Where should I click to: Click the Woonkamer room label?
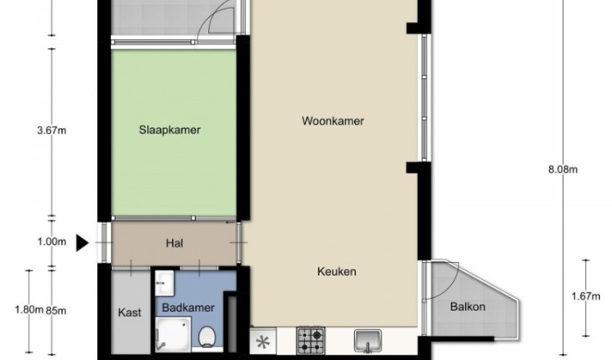tap(333, 121)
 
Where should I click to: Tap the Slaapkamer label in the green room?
tap(170, 130)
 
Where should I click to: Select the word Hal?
tap(175, 243)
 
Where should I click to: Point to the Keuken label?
tap(336, 271)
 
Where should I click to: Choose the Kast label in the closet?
tap(130, 313)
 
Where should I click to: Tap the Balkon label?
tap(468, 307)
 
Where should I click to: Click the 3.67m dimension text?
tap(51, 131)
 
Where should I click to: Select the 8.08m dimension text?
tap(563, 170)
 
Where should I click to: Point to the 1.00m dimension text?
tap(51, 242)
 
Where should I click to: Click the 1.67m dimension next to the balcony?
tap(586, 297)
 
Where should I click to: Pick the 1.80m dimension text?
tap(29, 310)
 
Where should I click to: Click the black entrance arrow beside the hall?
tap(82, 243)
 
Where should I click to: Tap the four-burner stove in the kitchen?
tap(311, 340)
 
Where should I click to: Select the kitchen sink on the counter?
tap(368, 341)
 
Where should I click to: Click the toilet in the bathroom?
tap(207, 336)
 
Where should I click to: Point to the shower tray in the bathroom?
tap(173, 335)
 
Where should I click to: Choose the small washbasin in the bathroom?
tap(164, 282)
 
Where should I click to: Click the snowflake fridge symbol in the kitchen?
tap(263, 341)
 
